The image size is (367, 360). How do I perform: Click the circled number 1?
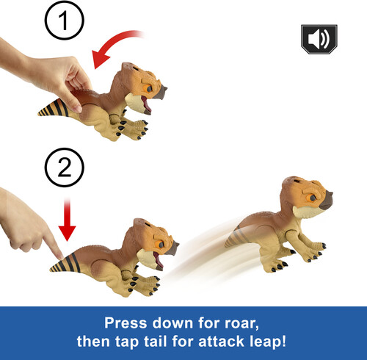(64, 21)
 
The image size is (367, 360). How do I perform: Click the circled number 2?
(65, 168)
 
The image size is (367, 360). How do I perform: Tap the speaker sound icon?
(319, 39)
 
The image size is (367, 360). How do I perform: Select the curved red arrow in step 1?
(110, 44)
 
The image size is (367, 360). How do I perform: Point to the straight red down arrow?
(67, 220)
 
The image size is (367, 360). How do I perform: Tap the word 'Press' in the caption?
(126, 323)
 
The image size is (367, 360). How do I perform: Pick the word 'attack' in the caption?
(221, 341)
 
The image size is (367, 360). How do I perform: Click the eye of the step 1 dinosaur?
(149, 89)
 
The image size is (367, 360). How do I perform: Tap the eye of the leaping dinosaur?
(313, 197)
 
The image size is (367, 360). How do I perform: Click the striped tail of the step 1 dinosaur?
(53, 109)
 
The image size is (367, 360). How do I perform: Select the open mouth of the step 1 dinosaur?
(146, 104)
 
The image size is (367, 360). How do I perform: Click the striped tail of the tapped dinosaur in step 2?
(65, 263)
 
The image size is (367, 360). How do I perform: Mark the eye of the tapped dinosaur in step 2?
(161, 245)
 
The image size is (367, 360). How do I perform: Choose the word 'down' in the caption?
(173, 323)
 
